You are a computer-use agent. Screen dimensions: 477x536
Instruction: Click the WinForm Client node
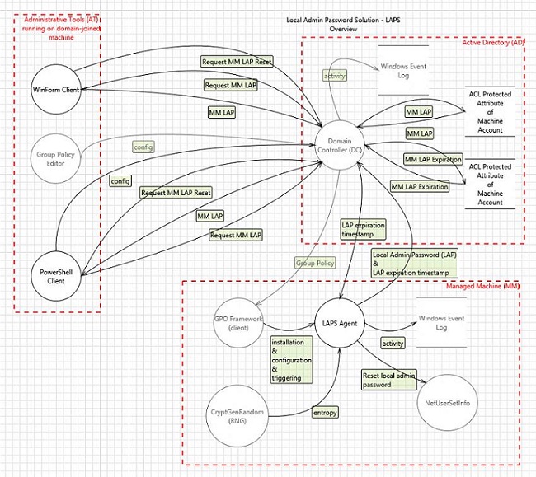point(59,89)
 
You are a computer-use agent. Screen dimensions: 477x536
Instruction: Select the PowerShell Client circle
point(59,274)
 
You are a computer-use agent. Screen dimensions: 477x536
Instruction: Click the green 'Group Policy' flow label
point(315,264)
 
